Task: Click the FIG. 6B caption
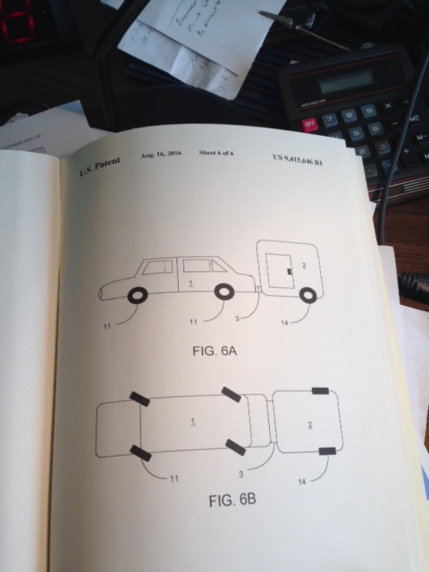point(232,501)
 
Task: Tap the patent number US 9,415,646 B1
point(297,159)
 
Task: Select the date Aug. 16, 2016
point(161,154)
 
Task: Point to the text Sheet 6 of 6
point(216,153)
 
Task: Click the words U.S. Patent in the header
point(100,166)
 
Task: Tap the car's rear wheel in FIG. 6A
point(224,292)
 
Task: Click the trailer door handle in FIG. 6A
point(290,272)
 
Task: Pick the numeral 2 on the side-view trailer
point(304,265)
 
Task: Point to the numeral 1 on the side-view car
point(190,280)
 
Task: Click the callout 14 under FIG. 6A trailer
point(284,322)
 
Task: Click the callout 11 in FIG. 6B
point(173,478)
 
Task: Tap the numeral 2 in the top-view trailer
point(310,425)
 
